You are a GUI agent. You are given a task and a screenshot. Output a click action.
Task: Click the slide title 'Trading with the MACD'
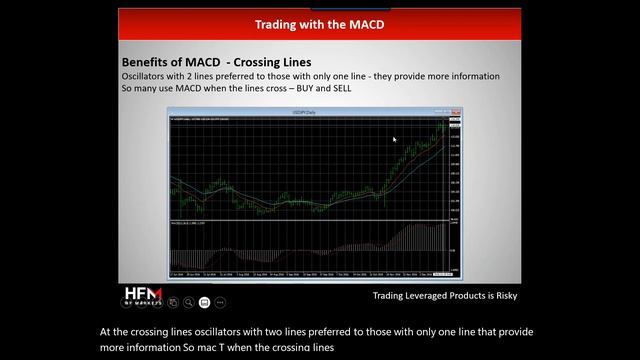pos(319,22)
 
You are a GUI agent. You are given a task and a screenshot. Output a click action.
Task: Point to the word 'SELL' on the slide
pos(338,88)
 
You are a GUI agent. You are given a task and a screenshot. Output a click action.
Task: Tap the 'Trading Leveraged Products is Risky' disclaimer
pos(445,296)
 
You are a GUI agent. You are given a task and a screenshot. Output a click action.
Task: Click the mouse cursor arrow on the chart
pos(395,140)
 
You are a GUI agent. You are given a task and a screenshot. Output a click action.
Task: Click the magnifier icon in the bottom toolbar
pos(188,301)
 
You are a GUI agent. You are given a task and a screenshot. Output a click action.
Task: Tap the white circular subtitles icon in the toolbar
pos(204,301)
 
